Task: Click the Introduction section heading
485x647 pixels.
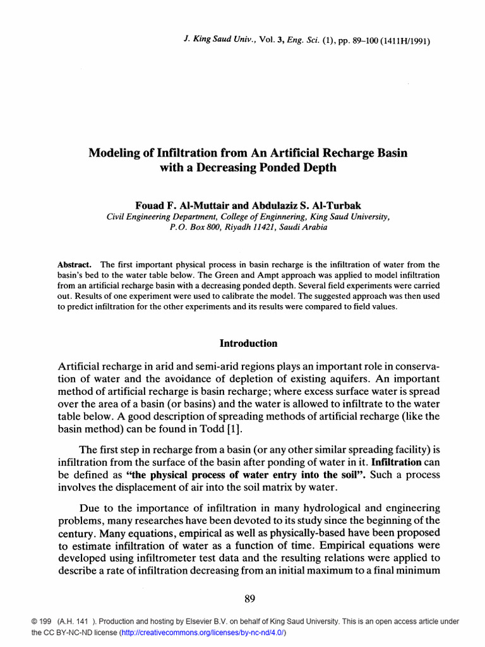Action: [x=248, y=344]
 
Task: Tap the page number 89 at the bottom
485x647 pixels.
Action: [x=249, y=598]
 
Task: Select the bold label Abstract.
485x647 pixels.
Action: [x=75, y=265]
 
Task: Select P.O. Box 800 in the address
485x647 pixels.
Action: [x=194, y=227]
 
